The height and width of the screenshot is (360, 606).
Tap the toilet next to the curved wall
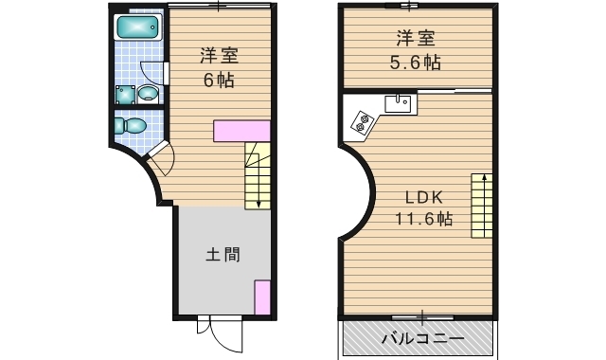(134, 126)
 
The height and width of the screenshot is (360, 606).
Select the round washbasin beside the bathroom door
(147, 93)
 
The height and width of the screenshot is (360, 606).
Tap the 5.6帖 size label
(417, 62)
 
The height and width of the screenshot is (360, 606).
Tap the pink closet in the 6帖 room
(242, 132)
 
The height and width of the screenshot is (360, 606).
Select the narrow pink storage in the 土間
(262, 297)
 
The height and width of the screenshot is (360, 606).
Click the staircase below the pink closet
(258, 175)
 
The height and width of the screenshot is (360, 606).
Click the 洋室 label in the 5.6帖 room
(417, 39)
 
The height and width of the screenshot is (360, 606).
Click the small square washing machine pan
(124, 94)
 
